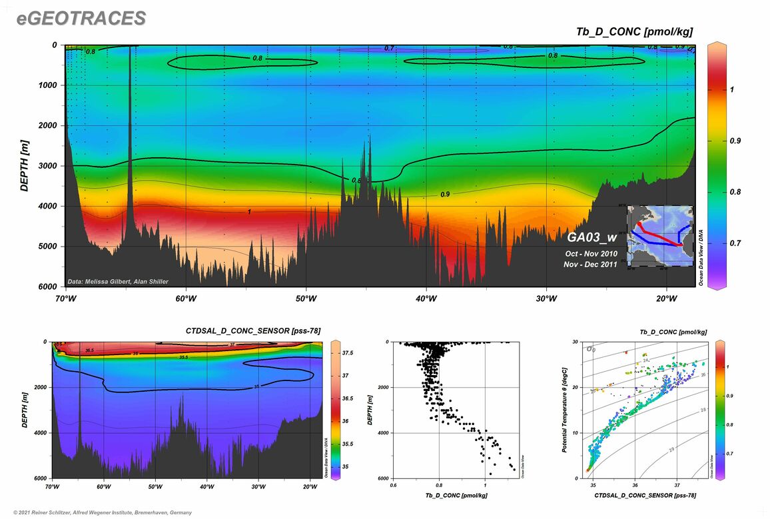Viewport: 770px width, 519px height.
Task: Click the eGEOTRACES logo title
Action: click(x=81, y=18)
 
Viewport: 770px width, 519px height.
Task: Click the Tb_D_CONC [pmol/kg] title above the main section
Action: click(x=634, y=32)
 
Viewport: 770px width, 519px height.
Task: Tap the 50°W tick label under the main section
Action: click(x=306, y=298)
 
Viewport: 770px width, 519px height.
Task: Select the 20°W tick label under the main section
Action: click(x=666, y=298)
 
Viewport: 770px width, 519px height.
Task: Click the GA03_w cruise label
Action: click(x=593, y=237)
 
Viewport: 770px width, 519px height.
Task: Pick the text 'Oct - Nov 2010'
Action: click(x=591, y=254)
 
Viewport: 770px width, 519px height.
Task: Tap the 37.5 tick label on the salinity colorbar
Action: click(x=348, y=352)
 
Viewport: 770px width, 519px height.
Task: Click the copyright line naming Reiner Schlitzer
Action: click(x=98, y=512)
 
